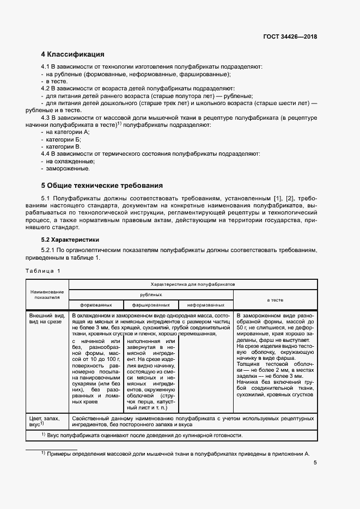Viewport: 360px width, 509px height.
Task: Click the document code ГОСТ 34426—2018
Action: click(x=289, y=37)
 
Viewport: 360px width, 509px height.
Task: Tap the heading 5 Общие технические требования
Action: click(x=102, y=185)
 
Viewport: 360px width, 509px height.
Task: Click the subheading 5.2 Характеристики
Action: click(x=73, y=240)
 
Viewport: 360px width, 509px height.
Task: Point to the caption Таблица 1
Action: click(x=44, y=271)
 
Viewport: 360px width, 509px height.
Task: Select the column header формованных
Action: click(x=96, y=305)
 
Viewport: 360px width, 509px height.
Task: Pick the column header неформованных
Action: click(x=206, y=305)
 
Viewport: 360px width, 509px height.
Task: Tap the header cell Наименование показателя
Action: click(x=47, y=295)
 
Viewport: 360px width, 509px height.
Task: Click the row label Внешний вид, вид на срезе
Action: click(x=46, y=319)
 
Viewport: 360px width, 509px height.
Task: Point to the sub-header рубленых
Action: click(x=151, y=295)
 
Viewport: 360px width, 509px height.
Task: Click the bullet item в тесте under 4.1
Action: click(x=57, y=81)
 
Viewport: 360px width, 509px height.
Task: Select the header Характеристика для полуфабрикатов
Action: click(x=193, y=284)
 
